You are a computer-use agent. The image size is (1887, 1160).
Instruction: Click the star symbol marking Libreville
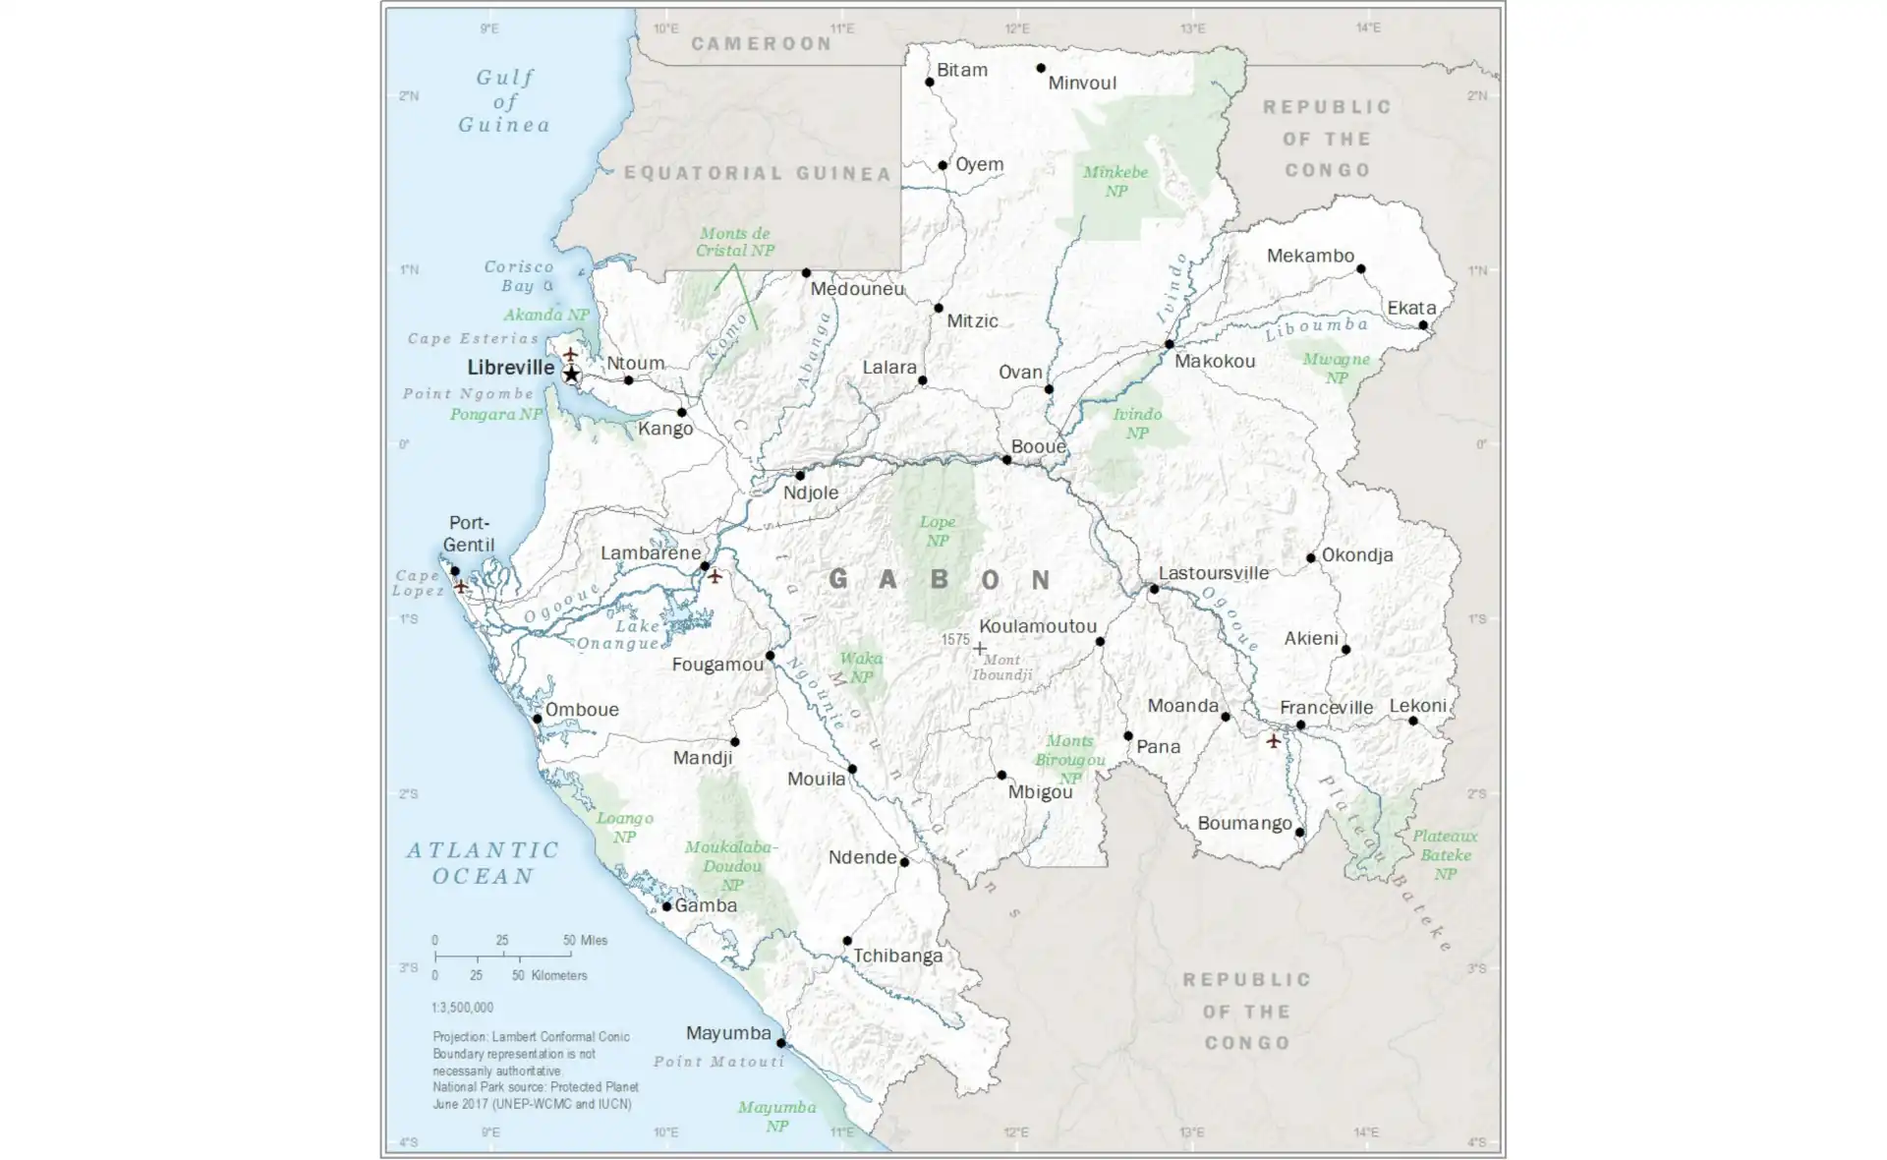pyautogui.click(x=571, y=375)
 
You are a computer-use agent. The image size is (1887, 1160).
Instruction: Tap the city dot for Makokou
pyautogui.click(x=1169, y=344)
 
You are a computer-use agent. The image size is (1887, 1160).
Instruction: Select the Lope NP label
pyautogui.click(x=937, y=531)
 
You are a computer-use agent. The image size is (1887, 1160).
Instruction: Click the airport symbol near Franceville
pyautogui.click(x=1273, y=740)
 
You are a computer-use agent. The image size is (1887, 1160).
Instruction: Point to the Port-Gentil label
pyautogui.click(x=468, y=534)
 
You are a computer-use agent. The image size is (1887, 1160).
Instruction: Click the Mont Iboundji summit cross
pyautogui.click(x=980, y=648)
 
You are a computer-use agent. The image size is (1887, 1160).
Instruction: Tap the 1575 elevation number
pyautogui.click(x=954, y=639)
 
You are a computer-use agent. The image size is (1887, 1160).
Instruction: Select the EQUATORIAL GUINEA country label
pyautogui.click(x=758, y=174)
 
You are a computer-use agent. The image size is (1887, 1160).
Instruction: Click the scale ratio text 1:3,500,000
pyautogui.click(x=462, y=1008)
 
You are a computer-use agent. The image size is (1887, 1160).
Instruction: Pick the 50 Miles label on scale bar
pyautogui.click(x=586, y=941)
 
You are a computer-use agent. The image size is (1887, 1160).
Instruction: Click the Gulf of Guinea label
pyautogui.click(x=504, y=101)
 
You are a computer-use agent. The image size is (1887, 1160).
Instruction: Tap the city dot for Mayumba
pyautogui.click(x=781, y=1043)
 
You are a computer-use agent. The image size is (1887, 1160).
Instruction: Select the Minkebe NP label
pyautogui.click(x=1115, y=182)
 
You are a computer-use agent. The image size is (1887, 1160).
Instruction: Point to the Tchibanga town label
pyautogui.click(x=897, y=956)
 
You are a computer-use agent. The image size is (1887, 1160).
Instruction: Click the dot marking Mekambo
pyautogui.click(x=1360, y=268)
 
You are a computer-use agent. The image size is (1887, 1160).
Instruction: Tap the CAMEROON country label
pyautogui.click(x=762, y=43)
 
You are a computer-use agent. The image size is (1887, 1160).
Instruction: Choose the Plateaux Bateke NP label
pyautogui.click(x=1444, y=854)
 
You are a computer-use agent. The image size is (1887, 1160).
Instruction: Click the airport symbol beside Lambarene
pyautogui.click(x=715, y=576)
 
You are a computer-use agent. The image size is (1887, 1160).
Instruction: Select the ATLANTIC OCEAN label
pyautogui.click(x=483, y=862)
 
